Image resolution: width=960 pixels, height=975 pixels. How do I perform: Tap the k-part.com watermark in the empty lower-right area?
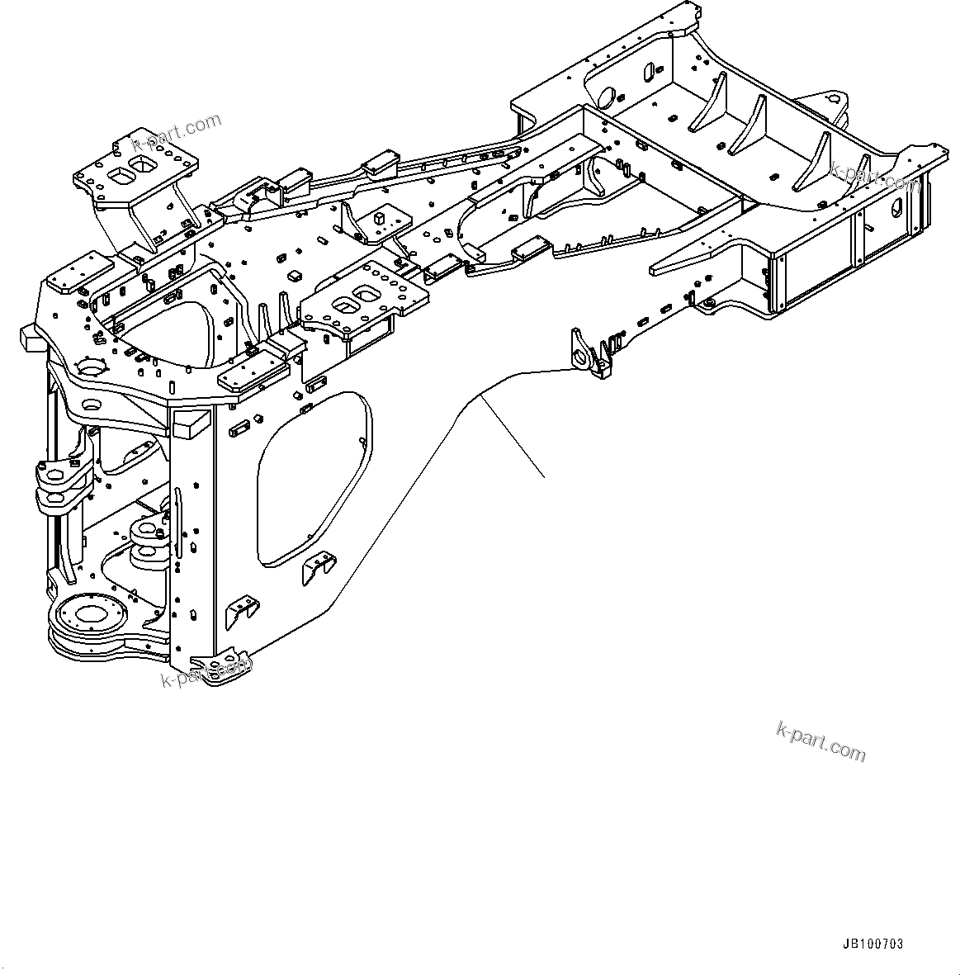[820, 741]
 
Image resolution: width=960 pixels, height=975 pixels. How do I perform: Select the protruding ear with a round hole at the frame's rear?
[834, 104]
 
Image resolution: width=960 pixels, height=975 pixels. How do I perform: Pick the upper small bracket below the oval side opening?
[317, 566]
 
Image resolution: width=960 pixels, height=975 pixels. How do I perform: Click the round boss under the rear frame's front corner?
[707, 305]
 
